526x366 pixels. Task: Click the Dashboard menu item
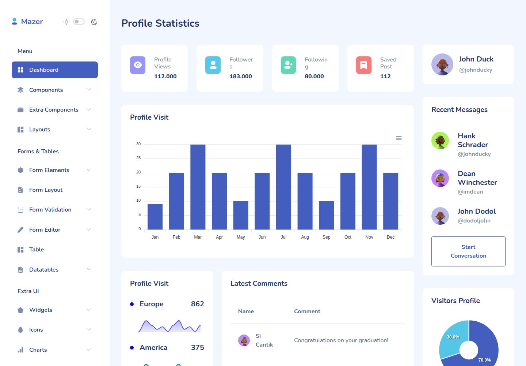54,70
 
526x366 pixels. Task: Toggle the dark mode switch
79,22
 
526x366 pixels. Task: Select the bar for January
155,217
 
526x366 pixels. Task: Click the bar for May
241,215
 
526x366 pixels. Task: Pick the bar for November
369,187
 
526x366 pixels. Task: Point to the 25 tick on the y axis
138,158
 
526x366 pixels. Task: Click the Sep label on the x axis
327,237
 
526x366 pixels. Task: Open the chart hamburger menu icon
399,138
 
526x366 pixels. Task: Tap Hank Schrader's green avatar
440,141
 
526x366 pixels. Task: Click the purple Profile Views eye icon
138,65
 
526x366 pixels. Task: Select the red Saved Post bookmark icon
364,65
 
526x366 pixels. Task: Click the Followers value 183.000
241,76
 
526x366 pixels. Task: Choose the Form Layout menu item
46,190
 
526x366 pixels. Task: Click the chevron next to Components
88,89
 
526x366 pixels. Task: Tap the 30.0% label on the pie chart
453,337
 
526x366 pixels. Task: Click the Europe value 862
198,304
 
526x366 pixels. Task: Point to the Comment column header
307,311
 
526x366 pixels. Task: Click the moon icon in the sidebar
94,22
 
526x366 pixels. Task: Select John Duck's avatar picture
442,64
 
